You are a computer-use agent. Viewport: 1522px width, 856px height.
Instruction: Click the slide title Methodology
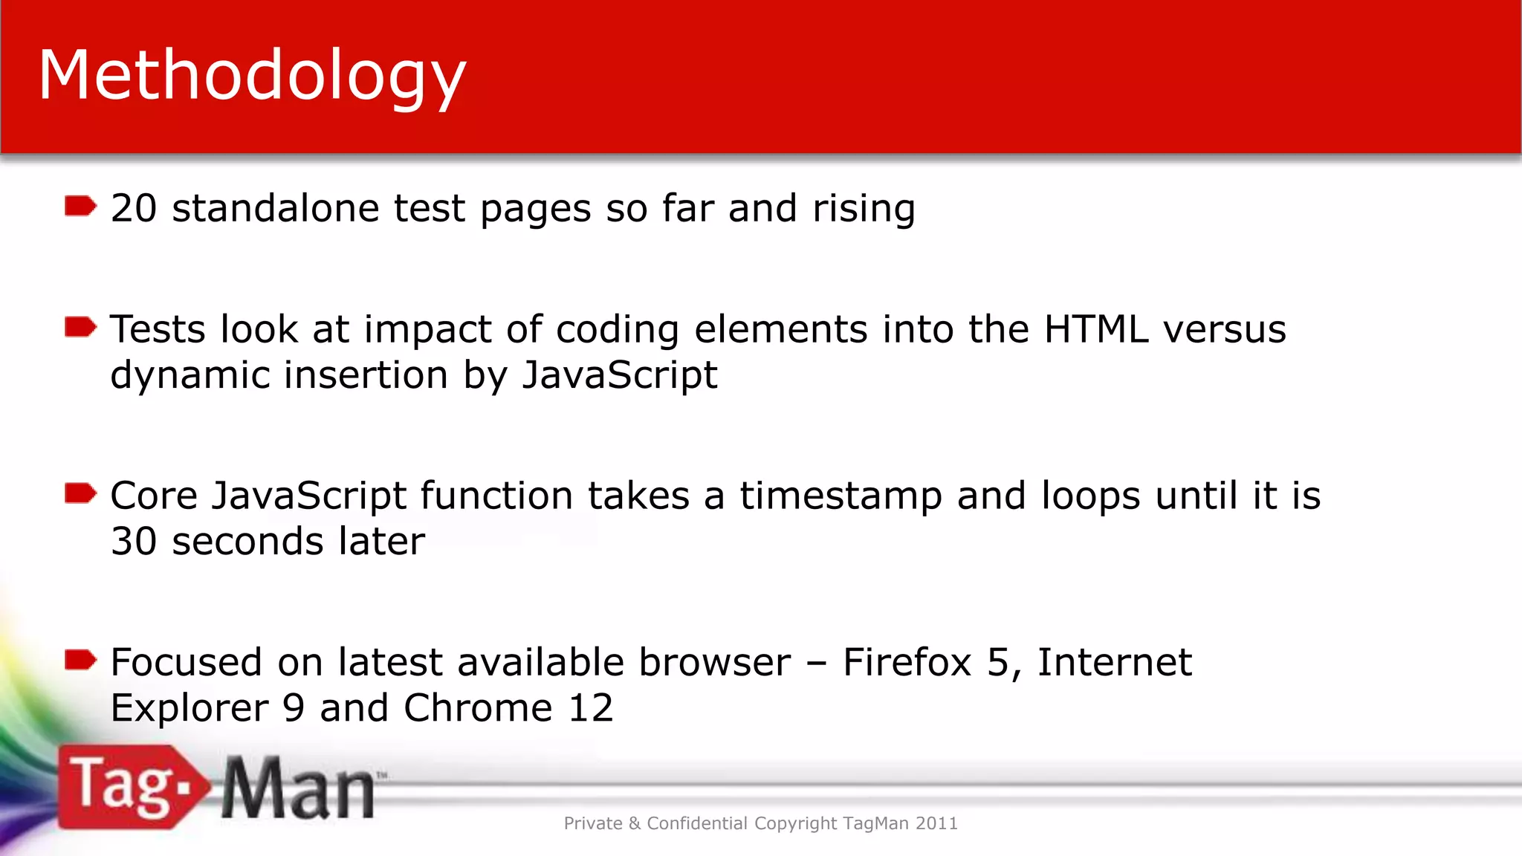click(252, 76)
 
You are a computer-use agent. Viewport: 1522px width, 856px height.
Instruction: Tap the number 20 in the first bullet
click(134, 208)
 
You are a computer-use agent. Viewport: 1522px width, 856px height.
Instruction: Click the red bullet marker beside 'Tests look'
click(80, 327)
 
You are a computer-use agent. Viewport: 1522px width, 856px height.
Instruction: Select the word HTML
click(1096, 329)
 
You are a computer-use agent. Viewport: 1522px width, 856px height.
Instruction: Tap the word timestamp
click(841, 496)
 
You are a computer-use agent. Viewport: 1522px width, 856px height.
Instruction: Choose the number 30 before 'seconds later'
click(134, 541)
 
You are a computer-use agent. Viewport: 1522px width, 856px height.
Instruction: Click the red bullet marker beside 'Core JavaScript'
click(80, 493)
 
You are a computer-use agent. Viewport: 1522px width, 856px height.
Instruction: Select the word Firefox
click(907, 662)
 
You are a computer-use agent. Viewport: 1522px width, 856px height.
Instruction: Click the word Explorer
click(190, 708)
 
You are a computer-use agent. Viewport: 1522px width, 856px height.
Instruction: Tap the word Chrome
click(478, 707)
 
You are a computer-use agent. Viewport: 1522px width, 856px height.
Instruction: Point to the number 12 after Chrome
click(591, 707)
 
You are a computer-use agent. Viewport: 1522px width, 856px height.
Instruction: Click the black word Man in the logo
click(298, 789)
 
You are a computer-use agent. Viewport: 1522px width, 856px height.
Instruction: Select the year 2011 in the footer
click(936, 823)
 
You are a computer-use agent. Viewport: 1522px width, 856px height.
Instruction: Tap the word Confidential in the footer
click(697, 823)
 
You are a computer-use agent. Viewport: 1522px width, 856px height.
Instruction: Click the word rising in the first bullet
click(864, 209)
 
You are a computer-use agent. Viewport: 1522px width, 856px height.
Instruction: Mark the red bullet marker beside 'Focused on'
click(80, 660)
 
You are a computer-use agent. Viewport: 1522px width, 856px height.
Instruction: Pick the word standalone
click(275, 208)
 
